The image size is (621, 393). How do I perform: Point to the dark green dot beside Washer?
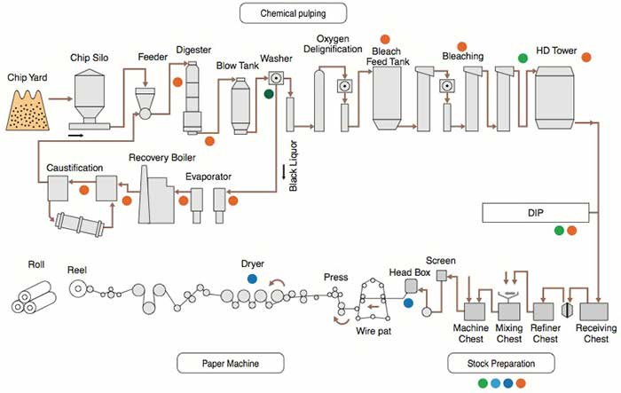click(x=269, y=93)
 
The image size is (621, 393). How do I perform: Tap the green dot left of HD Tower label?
click(x=523, y=57)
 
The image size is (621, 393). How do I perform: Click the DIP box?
click(x=535, y=212)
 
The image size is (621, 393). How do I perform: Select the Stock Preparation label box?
click(x=499, y=362)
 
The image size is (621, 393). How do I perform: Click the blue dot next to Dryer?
click(x=253, y=278)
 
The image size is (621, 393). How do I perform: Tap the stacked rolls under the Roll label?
click(x=35, y=298)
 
